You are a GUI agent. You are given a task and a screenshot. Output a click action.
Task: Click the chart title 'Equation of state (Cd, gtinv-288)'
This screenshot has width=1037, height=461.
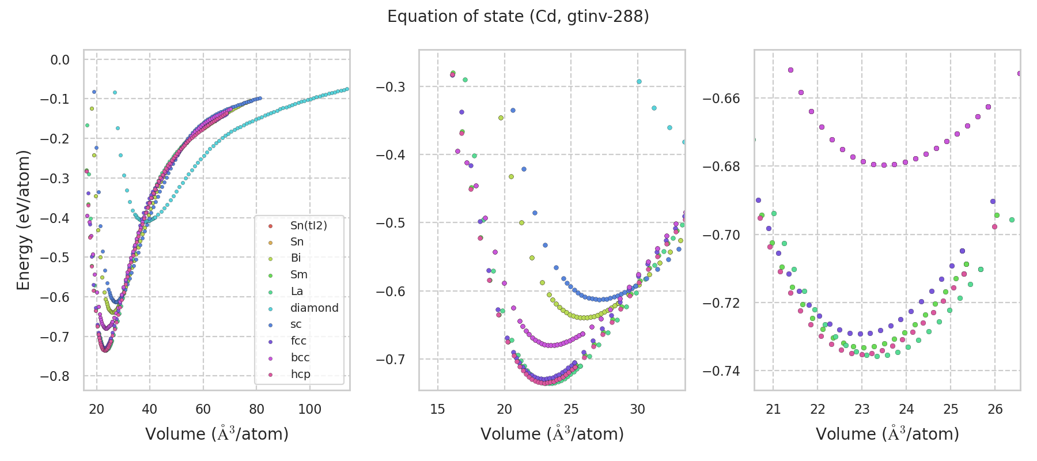[x=518, y=17]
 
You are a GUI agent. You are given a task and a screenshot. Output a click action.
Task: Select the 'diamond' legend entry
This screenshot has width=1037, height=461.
[x=314, y=308]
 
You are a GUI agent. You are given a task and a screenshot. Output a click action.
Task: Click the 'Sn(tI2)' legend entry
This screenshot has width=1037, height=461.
[x=308, y=225]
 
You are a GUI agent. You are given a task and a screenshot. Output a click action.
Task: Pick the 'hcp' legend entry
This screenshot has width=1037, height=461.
[x=300, y=375]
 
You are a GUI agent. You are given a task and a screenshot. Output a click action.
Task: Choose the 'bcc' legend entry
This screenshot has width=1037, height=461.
[x=300, y=358]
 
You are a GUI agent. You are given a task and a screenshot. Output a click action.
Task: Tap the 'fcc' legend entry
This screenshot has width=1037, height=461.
[x=298, y=341]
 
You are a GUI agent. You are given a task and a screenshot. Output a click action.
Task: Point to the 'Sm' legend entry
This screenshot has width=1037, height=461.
[x=298, y=275]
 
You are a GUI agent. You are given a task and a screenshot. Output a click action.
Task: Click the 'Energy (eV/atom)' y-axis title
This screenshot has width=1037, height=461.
[x=24, y=220]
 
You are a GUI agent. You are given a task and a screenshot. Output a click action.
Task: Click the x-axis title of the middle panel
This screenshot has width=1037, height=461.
[x=552, y=434]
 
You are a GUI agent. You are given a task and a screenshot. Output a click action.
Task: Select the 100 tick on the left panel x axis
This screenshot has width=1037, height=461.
[x=310, y=409]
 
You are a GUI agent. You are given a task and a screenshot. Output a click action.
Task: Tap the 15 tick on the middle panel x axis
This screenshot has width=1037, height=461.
[x=438, y=409]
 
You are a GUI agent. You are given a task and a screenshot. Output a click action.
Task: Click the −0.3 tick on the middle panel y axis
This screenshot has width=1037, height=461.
[x=391, y=87]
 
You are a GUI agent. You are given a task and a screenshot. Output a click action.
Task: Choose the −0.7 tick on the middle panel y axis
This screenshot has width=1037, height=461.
[x=391, y=360]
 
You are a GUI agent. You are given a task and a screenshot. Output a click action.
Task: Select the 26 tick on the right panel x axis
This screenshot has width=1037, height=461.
[x=995, y=409]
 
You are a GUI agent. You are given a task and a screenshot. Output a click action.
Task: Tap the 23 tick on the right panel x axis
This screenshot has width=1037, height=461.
[x=862, y=409]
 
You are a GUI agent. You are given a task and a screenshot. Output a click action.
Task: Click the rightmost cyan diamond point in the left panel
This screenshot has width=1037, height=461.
[x=347, y=89]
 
